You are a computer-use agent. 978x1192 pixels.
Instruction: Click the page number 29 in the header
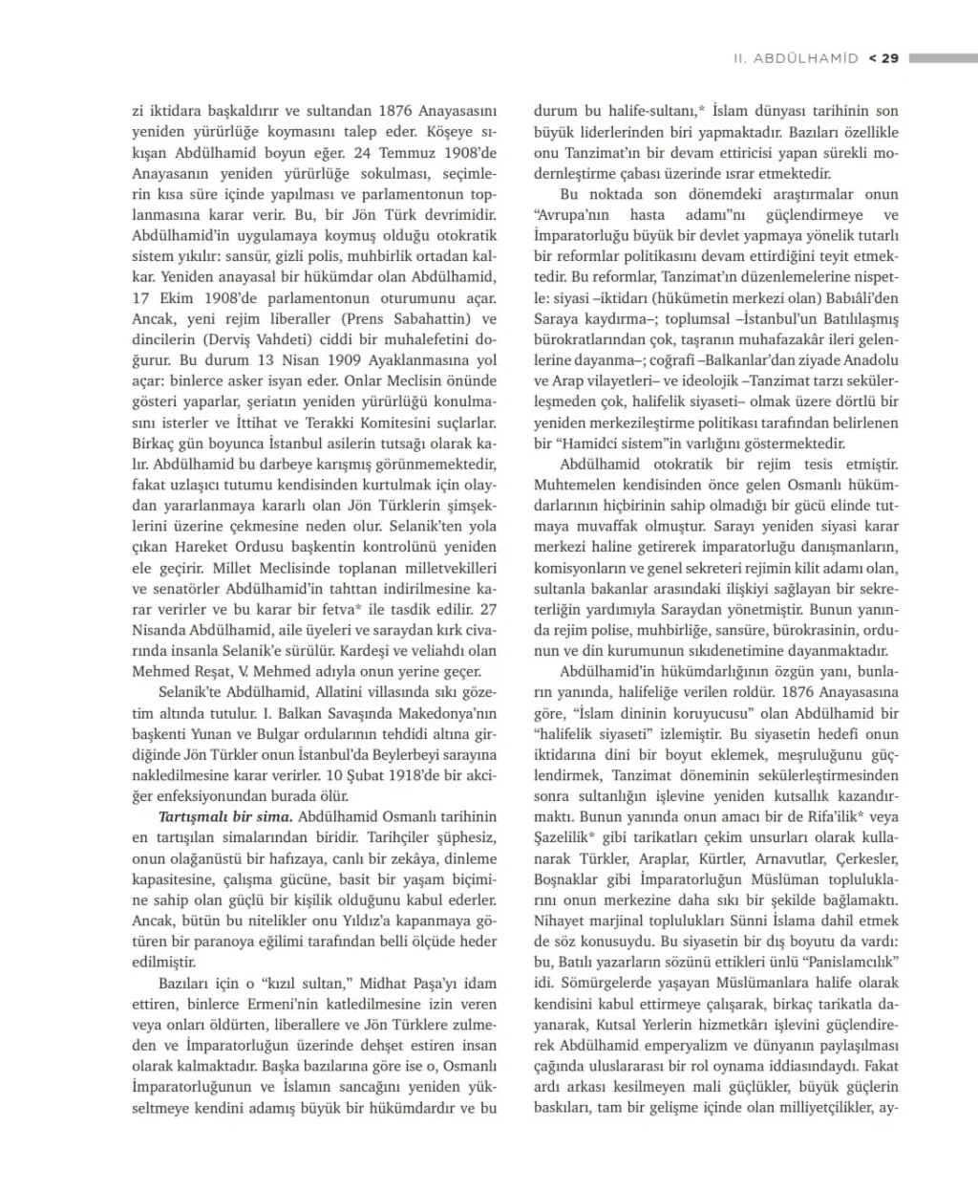coord(889,58)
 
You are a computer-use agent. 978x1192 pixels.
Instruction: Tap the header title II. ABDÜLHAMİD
coord(796,58)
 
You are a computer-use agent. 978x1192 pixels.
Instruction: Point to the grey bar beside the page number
coord(943,58)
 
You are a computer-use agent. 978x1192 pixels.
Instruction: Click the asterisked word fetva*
coord(371,609)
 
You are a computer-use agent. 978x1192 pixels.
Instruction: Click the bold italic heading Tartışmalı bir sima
coord(225,816)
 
